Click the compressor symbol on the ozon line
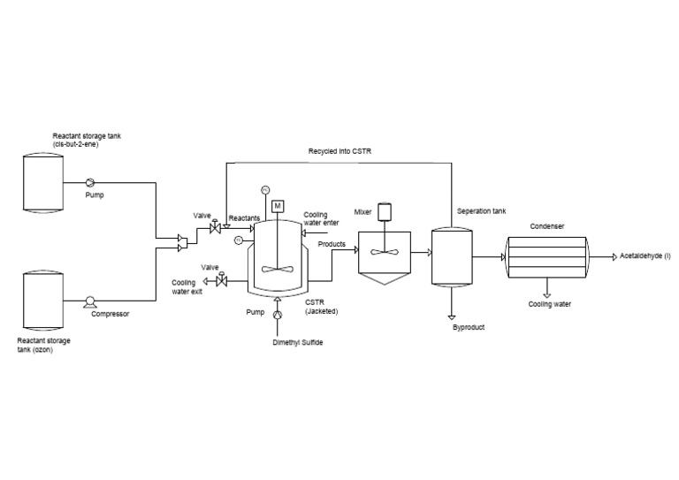[89, 301]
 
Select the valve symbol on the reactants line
[213, 230]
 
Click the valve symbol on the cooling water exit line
[221, 281]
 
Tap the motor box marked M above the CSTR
[278, 206]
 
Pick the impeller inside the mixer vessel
[384, 252]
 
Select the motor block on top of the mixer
[384, 212]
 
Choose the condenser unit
[545, 257]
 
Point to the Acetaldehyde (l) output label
[645, 256]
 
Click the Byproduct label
[468, 326]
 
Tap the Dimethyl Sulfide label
[297, 342]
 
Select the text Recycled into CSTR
[339, 151]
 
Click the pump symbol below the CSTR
[278, 314]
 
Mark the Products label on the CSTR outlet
[332, 244]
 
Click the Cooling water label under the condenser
[549, 304]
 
